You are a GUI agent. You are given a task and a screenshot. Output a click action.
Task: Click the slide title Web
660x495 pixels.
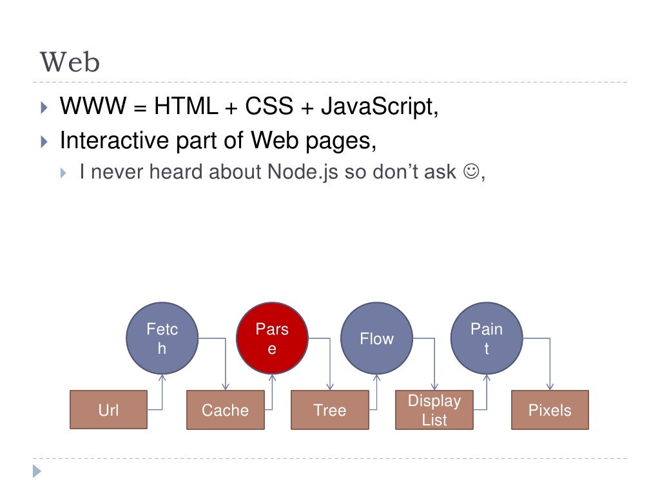[x=70, y=63]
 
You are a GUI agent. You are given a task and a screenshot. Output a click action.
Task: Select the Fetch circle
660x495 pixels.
[x=162, y=338]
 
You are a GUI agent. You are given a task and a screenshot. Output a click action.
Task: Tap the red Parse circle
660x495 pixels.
[x=272, y=338]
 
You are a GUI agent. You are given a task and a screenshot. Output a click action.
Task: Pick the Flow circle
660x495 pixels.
[x=376, y=338]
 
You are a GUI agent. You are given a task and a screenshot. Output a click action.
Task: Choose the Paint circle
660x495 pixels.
[x=486, y=338]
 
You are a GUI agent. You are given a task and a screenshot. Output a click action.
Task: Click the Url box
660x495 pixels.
[x=108, y=410]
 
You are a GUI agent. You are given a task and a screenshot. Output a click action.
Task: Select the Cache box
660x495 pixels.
[x=225, y=410]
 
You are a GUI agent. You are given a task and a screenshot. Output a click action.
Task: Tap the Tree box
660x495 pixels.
[x=330, y=410]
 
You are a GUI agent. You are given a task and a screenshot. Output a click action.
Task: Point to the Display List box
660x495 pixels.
[x=434, y=410]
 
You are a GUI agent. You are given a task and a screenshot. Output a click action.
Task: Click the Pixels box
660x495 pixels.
[x=550, y=410]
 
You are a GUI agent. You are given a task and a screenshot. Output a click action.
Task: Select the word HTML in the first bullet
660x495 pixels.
[x=186, y=106]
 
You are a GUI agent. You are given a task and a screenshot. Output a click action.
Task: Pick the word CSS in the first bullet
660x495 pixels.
[x=267, y=106]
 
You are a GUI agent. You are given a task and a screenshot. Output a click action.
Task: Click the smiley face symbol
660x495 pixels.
[x=471, y=172]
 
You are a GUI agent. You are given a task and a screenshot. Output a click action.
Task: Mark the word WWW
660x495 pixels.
[x=92, y=106]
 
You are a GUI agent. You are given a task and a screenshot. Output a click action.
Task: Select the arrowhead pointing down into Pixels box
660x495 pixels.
[x=550, y=387]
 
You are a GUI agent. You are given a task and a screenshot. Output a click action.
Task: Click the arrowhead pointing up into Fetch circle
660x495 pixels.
[x=162, y=378]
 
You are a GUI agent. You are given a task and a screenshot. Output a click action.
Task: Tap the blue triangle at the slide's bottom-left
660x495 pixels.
[x=37, y=471]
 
